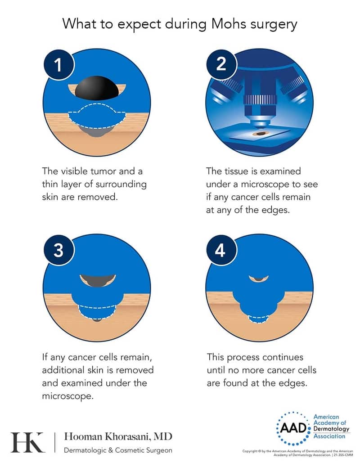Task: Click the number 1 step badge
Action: tap(58, 64)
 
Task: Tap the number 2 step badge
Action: tap(221, 64)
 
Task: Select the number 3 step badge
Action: tap(58, 250)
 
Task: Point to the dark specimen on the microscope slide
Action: tap(260, 134)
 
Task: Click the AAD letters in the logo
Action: tap(293, 427)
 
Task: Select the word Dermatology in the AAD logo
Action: tap(331, 429)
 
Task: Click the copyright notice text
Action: tap(297, 453)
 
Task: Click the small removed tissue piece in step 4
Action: tap(259, 278)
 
